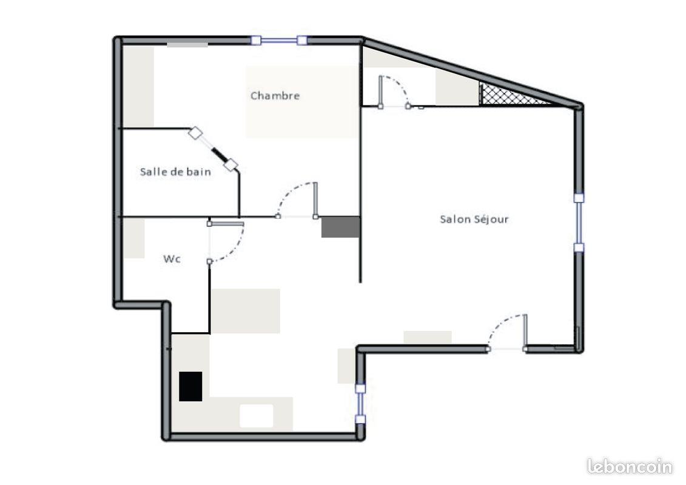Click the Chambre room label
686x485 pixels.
[x=275, y=96]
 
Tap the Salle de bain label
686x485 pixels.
[x=175, y=172]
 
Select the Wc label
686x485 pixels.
[x=172, y=259]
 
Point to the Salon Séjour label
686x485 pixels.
[x=474, y=219]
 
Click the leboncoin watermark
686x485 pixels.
[x=630, y=466]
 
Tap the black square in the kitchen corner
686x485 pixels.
[x=190, y=386]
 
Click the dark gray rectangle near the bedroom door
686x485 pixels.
[x=340, y=227]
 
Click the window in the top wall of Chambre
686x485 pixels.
[x=279, y=41]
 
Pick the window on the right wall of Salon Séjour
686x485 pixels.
[x=579, y=222]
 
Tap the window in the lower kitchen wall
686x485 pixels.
[x=360, y=403]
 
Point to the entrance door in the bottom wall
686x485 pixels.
[x=507, y=333]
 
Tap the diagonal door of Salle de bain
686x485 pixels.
[x=213, y=149]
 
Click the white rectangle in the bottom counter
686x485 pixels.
[x=256, y=416]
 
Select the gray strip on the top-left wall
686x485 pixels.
[x=187, y=44]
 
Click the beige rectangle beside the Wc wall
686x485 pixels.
[x=245, y=310]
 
